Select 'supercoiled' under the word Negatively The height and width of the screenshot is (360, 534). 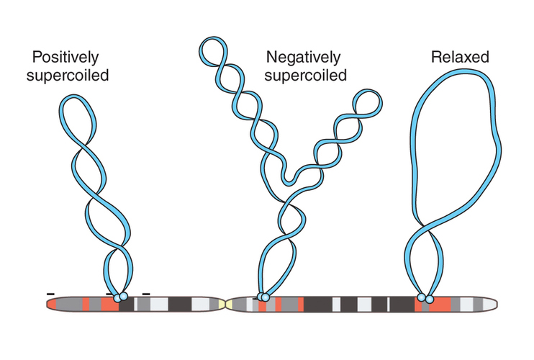[x=306, y=74]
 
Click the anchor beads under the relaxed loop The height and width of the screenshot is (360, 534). [x=426, y=297]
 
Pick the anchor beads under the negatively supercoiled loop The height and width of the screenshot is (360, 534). [x=263, y=297]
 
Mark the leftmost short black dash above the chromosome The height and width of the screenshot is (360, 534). [x=50, y=294]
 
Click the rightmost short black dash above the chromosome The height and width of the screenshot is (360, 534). [x=146, y=294]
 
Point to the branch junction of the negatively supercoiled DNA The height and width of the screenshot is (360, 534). [x=288, y=189]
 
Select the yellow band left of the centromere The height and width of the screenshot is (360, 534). [x=220, y=305]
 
